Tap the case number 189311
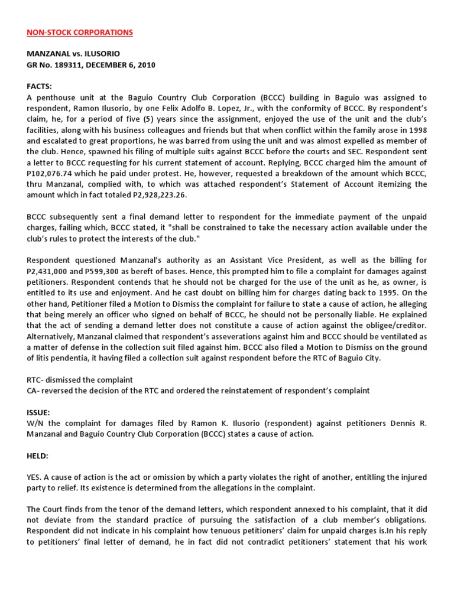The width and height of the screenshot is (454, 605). [73, 65]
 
